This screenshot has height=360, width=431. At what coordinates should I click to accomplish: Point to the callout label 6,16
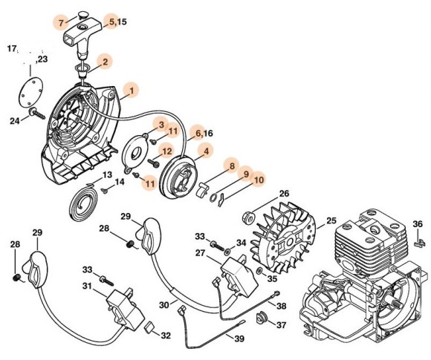point(201,134)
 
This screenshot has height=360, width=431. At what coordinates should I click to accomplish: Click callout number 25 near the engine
point(331,220)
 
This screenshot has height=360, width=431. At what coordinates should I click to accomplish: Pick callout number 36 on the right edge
point(418,223)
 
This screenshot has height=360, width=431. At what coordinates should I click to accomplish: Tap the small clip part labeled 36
point(418,240)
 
